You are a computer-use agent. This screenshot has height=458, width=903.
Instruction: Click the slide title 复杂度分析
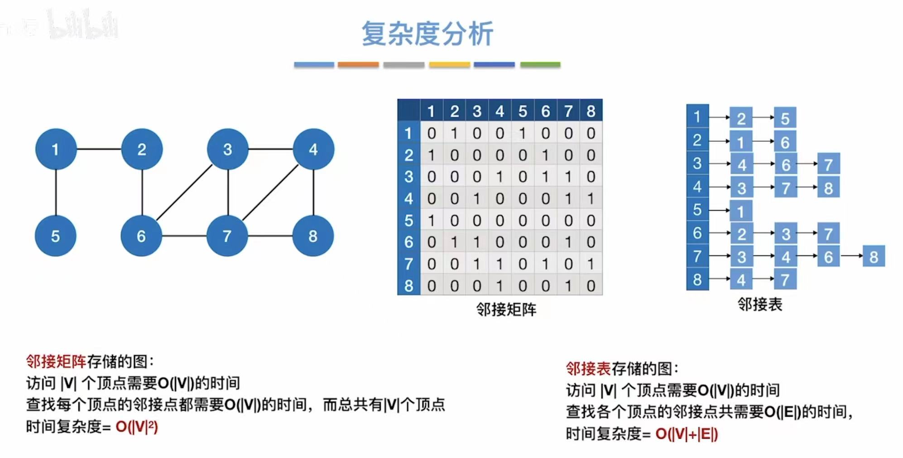pos(427,34)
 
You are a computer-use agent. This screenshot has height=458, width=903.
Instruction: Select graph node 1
pos(56,149)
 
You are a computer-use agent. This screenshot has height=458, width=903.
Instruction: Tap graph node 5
pos(55,236)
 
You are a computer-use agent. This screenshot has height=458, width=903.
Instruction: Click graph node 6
pos(141,236)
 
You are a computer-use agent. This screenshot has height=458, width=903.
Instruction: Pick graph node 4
pos(313,149)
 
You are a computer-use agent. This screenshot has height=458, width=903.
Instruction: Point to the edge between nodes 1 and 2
pos(99,149)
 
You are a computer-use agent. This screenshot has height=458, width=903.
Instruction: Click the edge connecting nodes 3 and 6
pos(184,193)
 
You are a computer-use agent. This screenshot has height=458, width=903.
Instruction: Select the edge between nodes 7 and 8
pos(270,236)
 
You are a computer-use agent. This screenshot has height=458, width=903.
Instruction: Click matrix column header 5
pos(523,111)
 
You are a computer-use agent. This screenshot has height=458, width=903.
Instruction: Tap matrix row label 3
pos(408,177)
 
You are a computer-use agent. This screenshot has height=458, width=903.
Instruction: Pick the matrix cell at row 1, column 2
pos(454,133)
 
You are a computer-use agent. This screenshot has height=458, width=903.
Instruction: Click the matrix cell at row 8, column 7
pos(568,286)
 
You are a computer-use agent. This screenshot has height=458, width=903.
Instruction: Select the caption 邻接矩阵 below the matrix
pos(506,309)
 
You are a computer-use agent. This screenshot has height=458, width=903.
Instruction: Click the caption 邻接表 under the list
pos(759,304)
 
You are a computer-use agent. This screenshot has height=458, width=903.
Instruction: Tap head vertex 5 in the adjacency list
pos(697,210)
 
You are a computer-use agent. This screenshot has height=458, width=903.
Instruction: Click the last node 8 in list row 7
pos(874,257)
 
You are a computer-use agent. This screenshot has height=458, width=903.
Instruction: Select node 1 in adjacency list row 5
pos(741,211)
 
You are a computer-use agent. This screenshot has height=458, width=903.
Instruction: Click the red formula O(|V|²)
pos(137,427)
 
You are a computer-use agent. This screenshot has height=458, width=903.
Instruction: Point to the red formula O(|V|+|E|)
pos(687,434)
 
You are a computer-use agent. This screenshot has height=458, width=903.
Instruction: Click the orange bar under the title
pos(358,65)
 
